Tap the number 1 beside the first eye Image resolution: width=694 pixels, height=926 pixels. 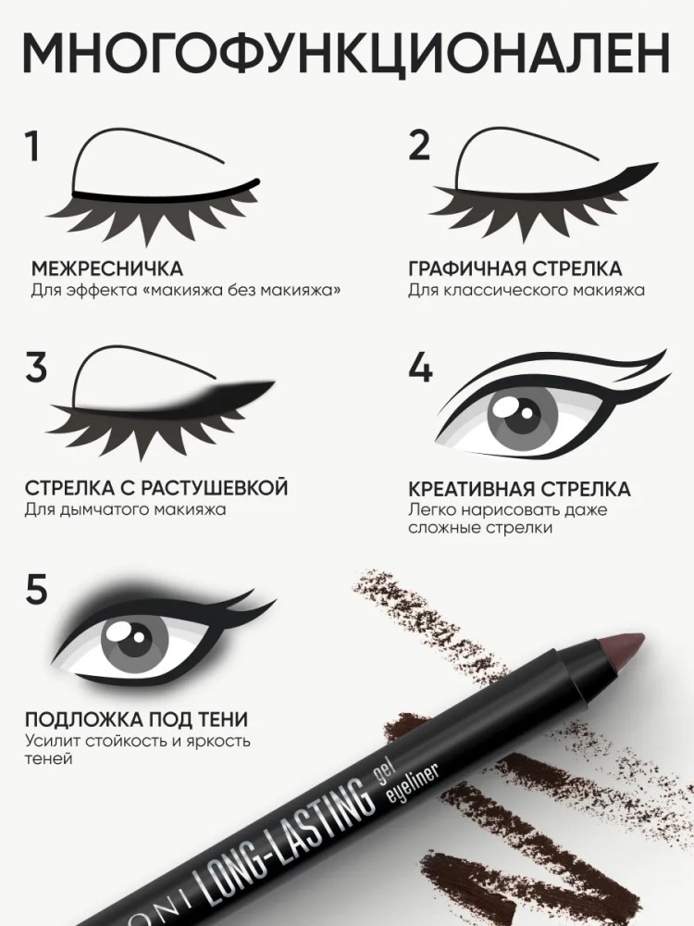(32, 146)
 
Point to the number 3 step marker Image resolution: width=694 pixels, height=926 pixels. (36, 367)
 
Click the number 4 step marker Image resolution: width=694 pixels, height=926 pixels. (421, 368)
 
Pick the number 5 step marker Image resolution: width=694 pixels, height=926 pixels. (36, 588)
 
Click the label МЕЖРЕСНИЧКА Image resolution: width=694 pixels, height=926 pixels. (106, 269)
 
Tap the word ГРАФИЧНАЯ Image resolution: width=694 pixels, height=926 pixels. (466, 269)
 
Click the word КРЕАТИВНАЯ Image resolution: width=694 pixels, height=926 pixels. (472, 490)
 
